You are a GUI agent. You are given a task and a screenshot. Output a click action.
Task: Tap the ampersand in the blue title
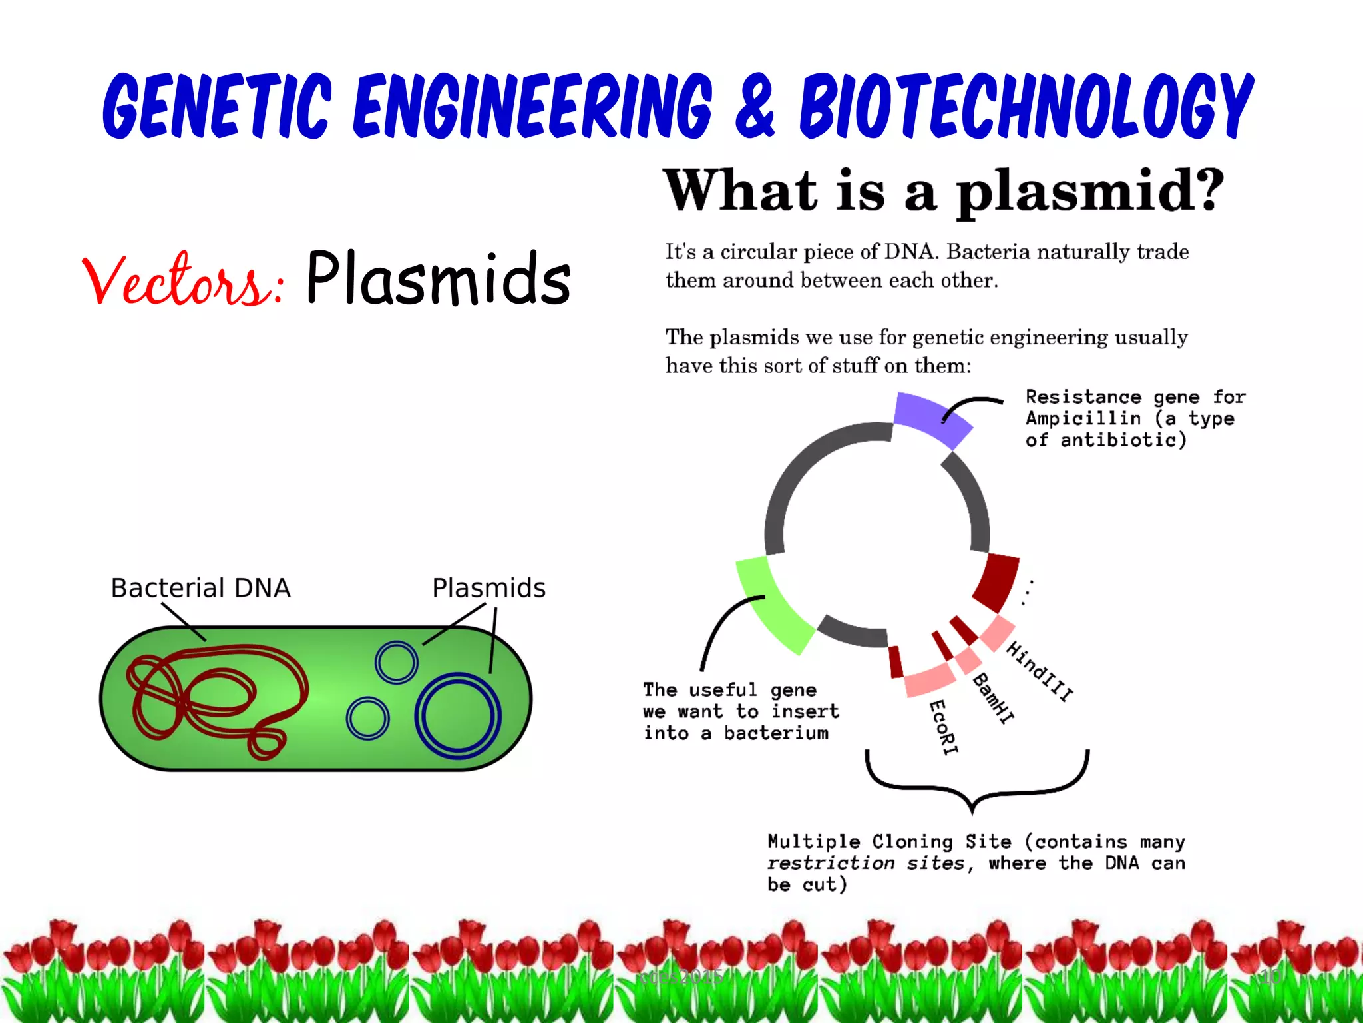pos(755,107)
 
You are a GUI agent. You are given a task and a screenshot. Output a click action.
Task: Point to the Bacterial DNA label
pos(200,588)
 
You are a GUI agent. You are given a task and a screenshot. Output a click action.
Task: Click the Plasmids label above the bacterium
pos(488,588)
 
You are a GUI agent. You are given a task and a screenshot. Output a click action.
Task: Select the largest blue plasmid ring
pos(458,716)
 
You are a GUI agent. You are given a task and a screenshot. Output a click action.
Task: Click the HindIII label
pos(1039,671)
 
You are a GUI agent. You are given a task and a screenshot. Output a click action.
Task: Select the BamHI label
pos(994,698)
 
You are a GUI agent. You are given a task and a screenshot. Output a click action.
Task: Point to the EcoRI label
pos(944,727)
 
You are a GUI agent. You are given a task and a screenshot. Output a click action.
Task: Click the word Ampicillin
pos(1083,418)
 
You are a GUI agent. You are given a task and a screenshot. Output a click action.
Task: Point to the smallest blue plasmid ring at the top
pos(396,662)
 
